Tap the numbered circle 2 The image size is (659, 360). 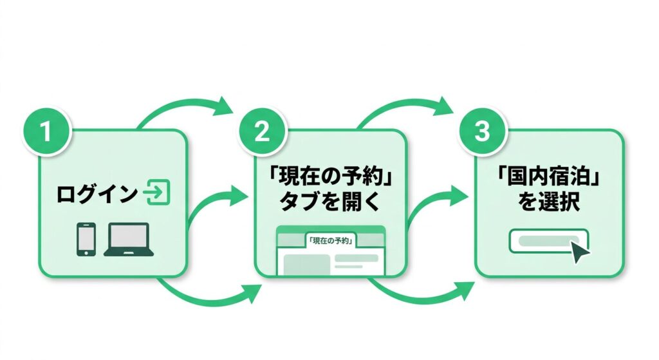click(x=261, y=131)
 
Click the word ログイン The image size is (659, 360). click(x=97, y=193)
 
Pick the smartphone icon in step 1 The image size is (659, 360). click(x=86, y=239)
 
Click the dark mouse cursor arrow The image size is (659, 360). click(x=580, y=252)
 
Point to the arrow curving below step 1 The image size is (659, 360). click(x=206, y=296)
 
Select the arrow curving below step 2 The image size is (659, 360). click(x=425, y=296)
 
